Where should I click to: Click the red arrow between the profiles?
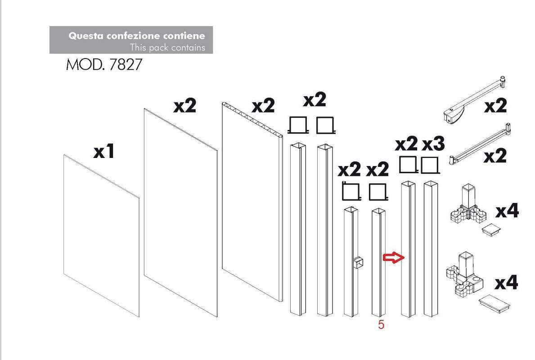click(x=394, y=258)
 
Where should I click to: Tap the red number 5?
click(x=381, y=324)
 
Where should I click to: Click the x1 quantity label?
click(x=104, y=151)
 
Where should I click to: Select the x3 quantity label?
click(x=433, y=144)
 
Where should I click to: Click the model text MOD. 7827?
click(x=104, y=64)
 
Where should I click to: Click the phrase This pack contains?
click(x=167, y=47)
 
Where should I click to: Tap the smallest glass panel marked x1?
click(x=102, y=235)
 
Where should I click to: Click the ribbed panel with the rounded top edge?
click(x=252, y=201)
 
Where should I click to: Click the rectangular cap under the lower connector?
click(x=495, y=303)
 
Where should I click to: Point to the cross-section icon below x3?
click(x=430, y=166)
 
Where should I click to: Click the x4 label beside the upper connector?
click(x=507, y=211)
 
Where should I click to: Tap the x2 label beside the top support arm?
click(x=495, y=105)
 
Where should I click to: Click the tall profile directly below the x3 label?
click(x=431, y=249)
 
